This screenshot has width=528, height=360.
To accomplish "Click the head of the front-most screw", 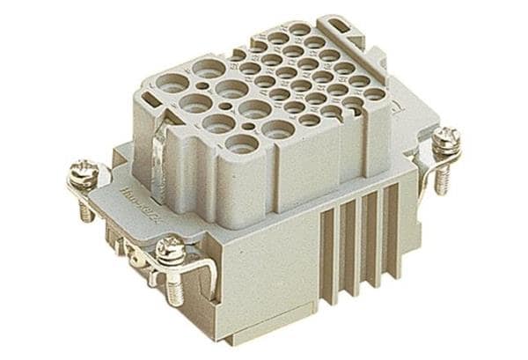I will (170, 253).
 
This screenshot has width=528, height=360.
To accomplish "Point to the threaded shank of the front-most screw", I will (174, 289).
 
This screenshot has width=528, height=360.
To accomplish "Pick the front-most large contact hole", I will (240, 143).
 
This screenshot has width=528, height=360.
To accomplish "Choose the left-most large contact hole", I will (172, 85).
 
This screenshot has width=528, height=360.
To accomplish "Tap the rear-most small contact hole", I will (300, 29).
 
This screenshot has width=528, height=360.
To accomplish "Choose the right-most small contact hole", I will (374, 94).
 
